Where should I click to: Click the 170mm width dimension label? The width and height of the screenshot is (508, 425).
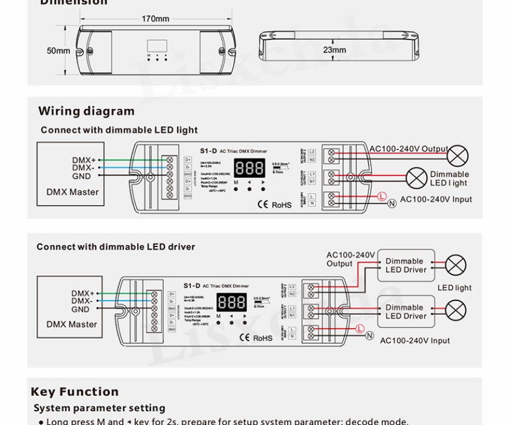click(x=155, y=19)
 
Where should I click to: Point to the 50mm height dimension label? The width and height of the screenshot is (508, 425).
click(x=58, y=50)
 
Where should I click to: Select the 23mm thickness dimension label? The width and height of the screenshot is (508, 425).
click(x=334, y=50)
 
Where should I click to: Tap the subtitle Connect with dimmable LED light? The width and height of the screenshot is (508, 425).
click(x=119, y=130)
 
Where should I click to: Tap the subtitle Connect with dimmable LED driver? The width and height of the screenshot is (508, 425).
click(x=116, y=246)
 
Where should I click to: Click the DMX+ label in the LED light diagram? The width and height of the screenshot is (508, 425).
click(x=84, y=160)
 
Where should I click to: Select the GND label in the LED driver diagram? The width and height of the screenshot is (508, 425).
click(x=81, y=309)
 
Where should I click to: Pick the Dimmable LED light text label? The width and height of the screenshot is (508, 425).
click(x=449, y=178)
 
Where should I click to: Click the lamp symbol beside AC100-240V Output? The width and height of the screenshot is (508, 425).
click(x=457, y=155)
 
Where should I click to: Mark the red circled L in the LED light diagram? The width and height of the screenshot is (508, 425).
click(x=382, y=196)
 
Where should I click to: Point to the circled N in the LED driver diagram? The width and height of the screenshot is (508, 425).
click(x=370, y=336)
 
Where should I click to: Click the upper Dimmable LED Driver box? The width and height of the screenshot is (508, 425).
click(x=405, y=265)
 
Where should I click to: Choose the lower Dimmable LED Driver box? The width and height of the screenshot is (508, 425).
click(x=405, y=311)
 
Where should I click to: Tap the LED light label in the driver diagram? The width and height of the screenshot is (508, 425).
click(x=454, y=288)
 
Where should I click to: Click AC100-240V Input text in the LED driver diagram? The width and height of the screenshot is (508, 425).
click(x=415, y=341)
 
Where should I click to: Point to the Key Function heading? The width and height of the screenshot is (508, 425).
click(x=75, y=392)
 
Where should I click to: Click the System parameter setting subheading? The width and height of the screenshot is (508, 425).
click(x=99, y=408)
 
